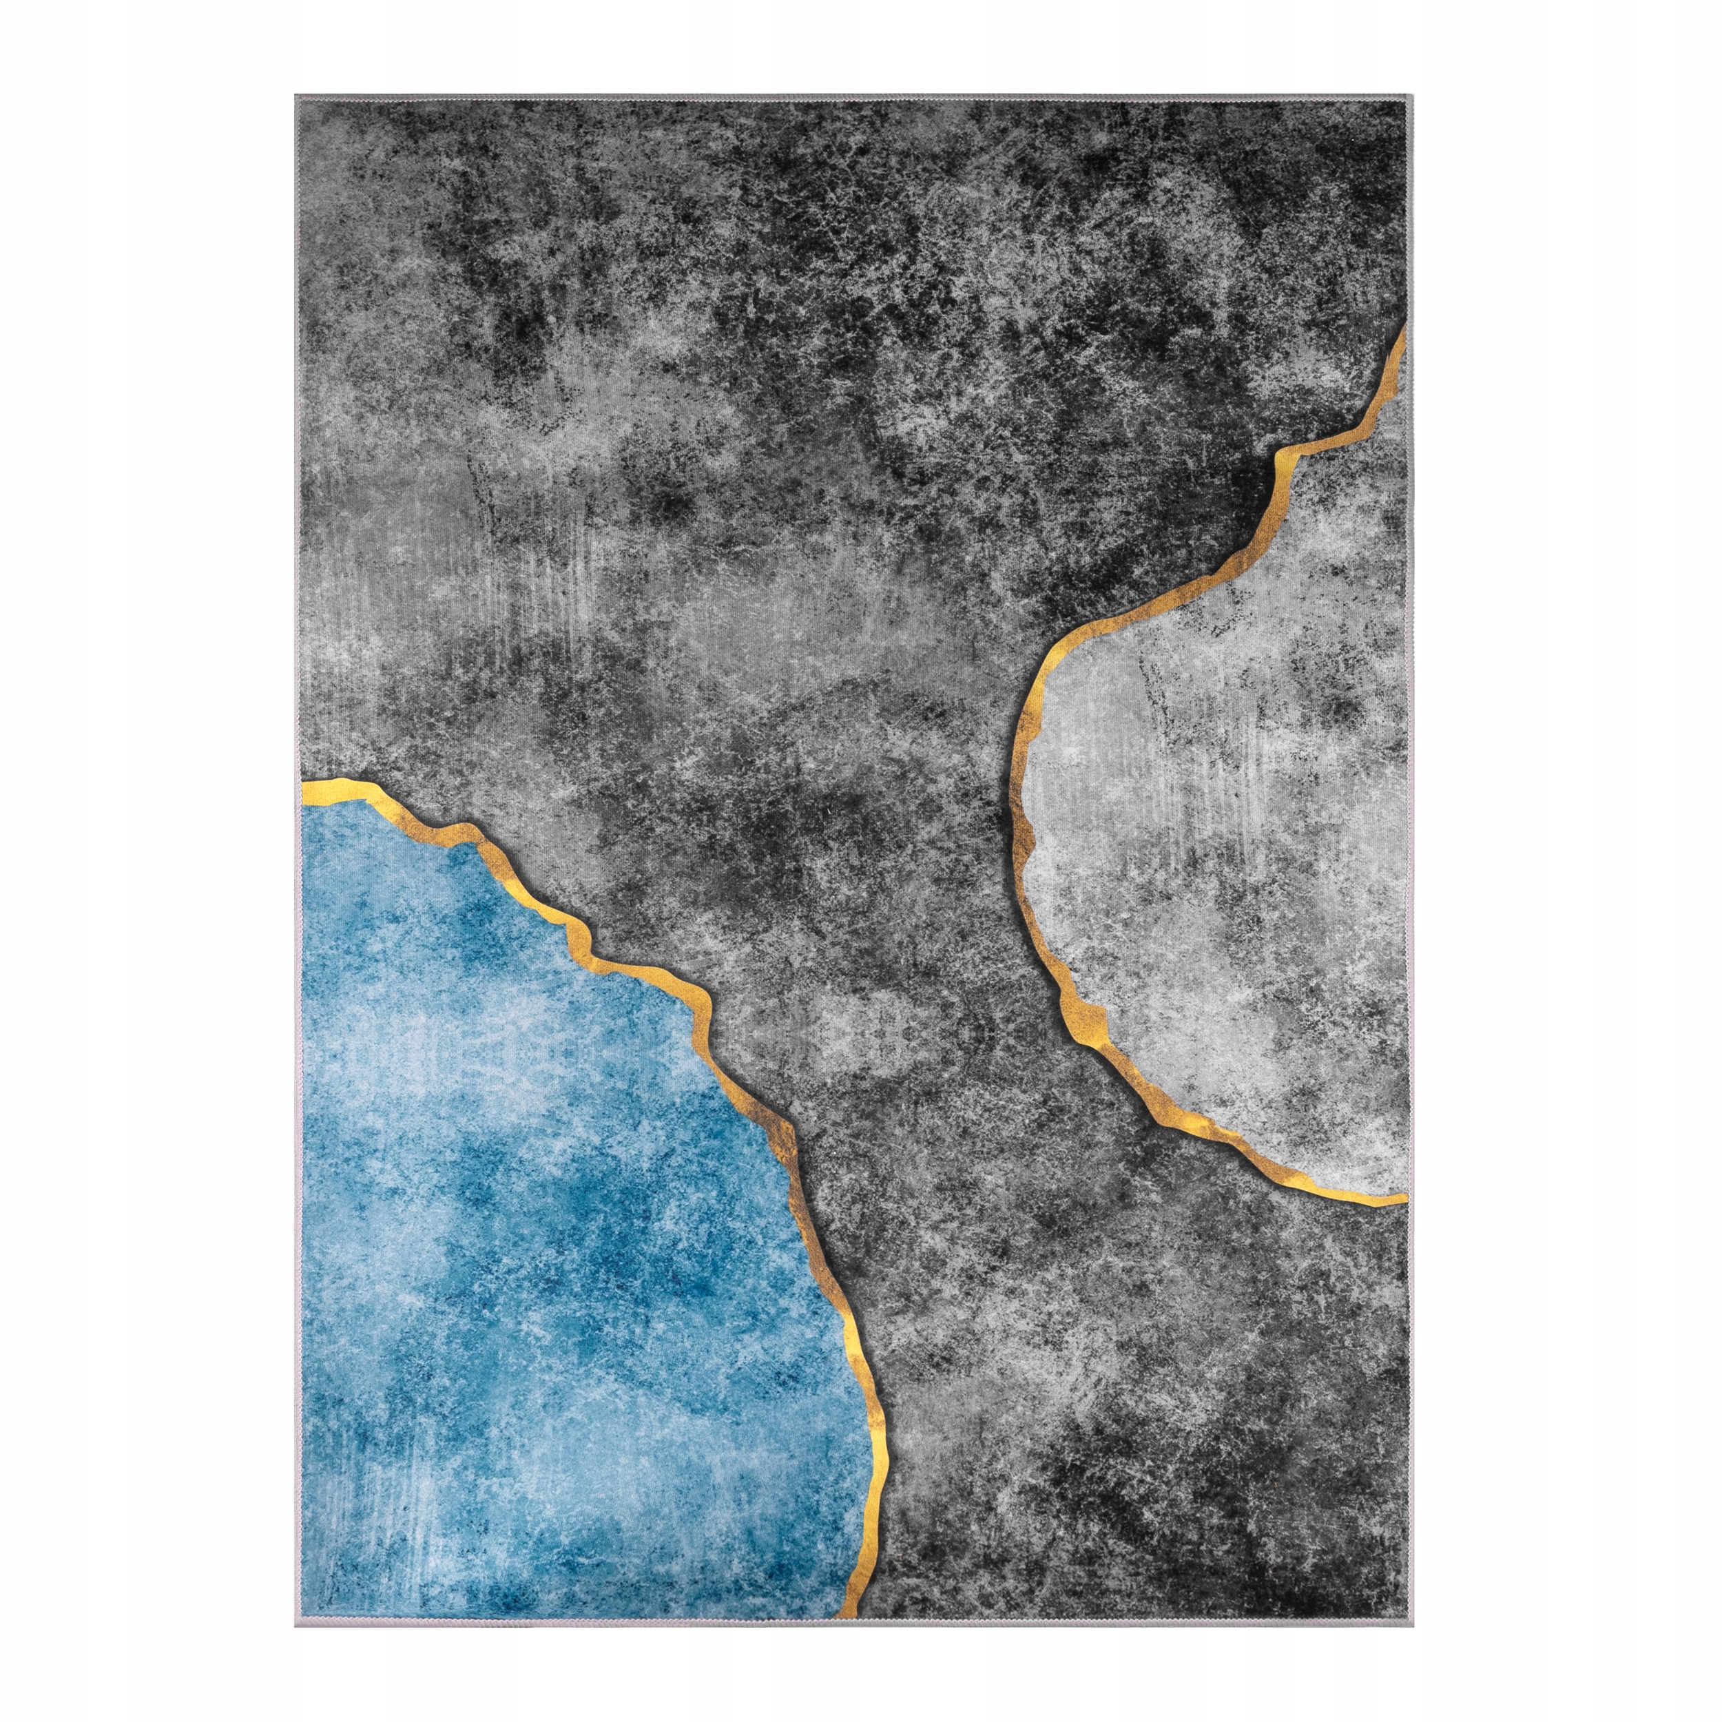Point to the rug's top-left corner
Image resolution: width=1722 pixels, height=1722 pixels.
[296, 95]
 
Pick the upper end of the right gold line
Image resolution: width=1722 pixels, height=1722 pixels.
[1404, 328]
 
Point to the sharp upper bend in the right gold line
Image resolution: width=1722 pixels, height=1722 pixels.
[1280, 455]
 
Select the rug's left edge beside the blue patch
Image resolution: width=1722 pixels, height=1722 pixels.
[297, 1159]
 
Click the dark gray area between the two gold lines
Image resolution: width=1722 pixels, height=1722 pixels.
[891, 891]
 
